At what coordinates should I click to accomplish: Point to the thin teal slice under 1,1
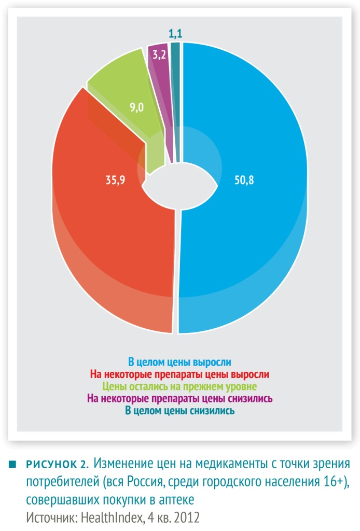pos(176,102)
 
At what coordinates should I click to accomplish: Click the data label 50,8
pos(244,180)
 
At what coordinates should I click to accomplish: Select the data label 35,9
pos(115,179)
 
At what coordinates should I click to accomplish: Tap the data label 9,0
pos(136,107)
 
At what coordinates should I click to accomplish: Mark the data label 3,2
pos(159,54)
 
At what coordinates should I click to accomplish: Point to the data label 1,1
pos(175,34)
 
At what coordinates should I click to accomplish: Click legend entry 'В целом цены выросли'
pos(179,362)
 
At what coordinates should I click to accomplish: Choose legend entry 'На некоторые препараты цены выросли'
pos(179,374)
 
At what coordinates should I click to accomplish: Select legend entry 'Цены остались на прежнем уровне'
pos(179,386)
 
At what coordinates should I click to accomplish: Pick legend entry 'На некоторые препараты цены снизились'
pos(179,398)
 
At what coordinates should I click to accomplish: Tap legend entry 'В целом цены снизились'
pos(179,411)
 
